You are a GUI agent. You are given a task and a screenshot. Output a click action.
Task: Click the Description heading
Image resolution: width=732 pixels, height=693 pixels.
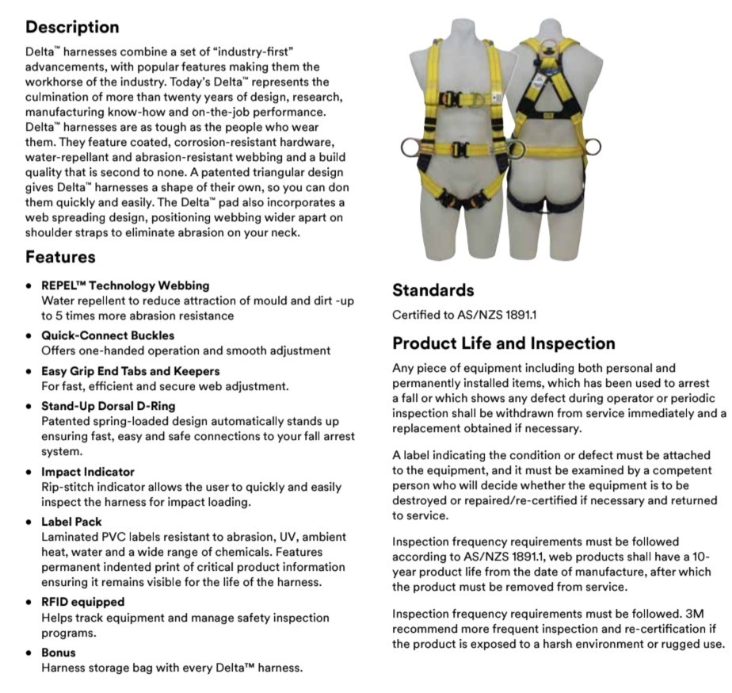[72, 27]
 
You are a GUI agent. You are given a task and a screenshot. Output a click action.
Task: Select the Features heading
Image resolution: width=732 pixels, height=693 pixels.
[60, 257]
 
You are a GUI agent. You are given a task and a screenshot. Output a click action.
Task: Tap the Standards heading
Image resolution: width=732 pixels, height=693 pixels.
[433, 290]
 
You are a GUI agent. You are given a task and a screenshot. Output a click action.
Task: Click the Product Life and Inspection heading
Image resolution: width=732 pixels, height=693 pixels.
[504, 343]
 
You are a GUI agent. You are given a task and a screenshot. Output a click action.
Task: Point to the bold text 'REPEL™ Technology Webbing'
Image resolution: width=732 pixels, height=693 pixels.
[125, 285]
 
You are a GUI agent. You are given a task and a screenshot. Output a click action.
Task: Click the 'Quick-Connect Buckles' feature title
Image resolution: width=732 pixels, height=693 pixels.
[108, 335]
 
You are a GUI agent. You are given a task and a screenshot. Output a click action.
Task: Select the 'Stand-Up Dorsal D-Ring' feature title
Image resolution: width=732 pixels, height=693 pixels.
[112, 406]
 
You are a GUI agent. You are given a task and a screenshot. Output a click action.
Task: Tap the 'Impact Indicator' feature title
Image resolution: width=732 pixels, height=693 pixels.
[88, 472]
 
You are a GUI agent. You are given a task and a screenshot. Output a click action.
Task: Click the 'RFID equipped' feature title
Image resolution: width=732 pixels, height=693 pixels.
[83, 602]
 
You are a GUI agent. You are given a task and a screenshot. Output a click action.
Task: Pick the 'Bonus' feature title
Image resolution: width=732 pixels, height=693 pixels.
[59, 653]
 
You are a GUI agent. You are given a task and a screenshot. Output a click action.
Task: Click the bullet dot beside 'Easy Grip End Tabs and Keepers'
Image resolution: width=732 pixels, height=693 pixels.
[29, 371]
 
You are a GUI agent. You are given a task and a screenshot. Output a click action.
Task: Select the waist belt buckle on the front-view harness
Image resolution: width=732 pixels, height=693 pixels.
[460, 148]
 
